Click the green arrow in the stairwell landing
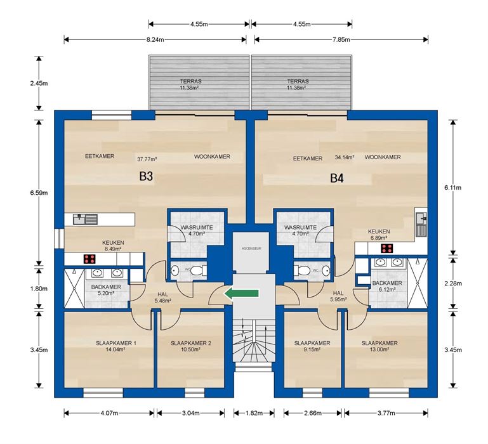point(242,294)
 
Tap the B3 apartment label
point(146,176)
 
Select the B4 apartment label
point(337,178)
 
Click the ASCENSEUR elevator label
point(251,249)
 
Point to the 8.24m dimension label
point(155,39)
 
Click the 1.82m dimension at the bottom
point(254,413)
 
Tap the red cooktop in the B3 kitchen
point(89,259)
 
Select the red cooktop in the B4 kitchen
point(387,248)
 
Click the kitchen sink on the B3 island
point(85,219)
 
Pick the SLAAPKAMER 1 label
point(115,343)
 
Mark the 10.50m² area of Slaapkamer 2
point(190,349)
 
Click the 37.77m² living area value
point(147,159)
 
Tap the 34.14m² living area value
point(345,157)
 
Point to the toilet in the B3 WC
point(199,270)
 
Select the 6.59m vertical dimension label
point(39,193)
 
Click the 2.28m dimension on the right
point(453,284)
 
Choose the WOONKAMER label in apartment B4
point(383,157)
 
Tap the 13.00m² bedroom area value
point(379,349)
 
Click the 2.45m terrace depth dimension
point(39,83)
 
